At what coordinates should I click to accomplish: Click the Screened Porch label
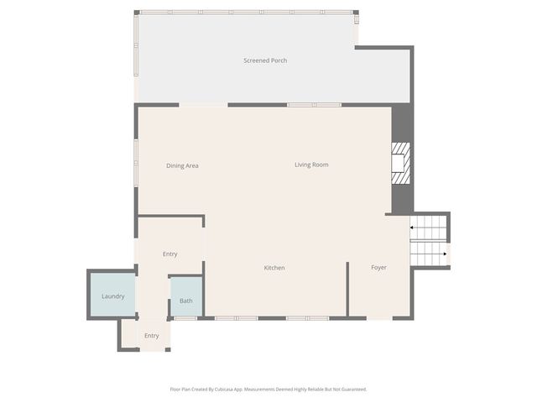[265, 60]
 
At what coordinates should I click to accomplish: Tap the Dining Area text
[182, 165]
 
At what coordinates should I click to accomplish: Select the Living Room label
[311, 165]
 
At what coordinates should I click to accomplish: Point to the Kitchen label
[274, 268]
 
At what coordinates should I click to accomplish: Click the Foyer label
[379, 268]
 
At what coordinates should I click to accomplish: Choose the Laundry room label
[113, 296]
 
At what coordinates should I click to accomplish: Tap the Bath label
[185, 301]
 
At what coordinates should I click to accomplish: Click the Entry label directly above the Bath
[170, 254]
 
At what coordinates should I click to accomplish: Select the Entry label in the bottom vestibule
[151, 336]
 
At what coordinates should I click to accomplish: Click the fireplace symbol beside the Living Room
[401, 163]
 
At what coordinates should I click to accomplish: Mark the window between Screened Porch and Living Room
[315, 105]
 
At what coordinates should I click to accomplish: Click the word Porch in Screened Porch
[279, 60]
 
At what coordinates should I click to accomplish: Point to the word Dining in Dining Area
[175, 165]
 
